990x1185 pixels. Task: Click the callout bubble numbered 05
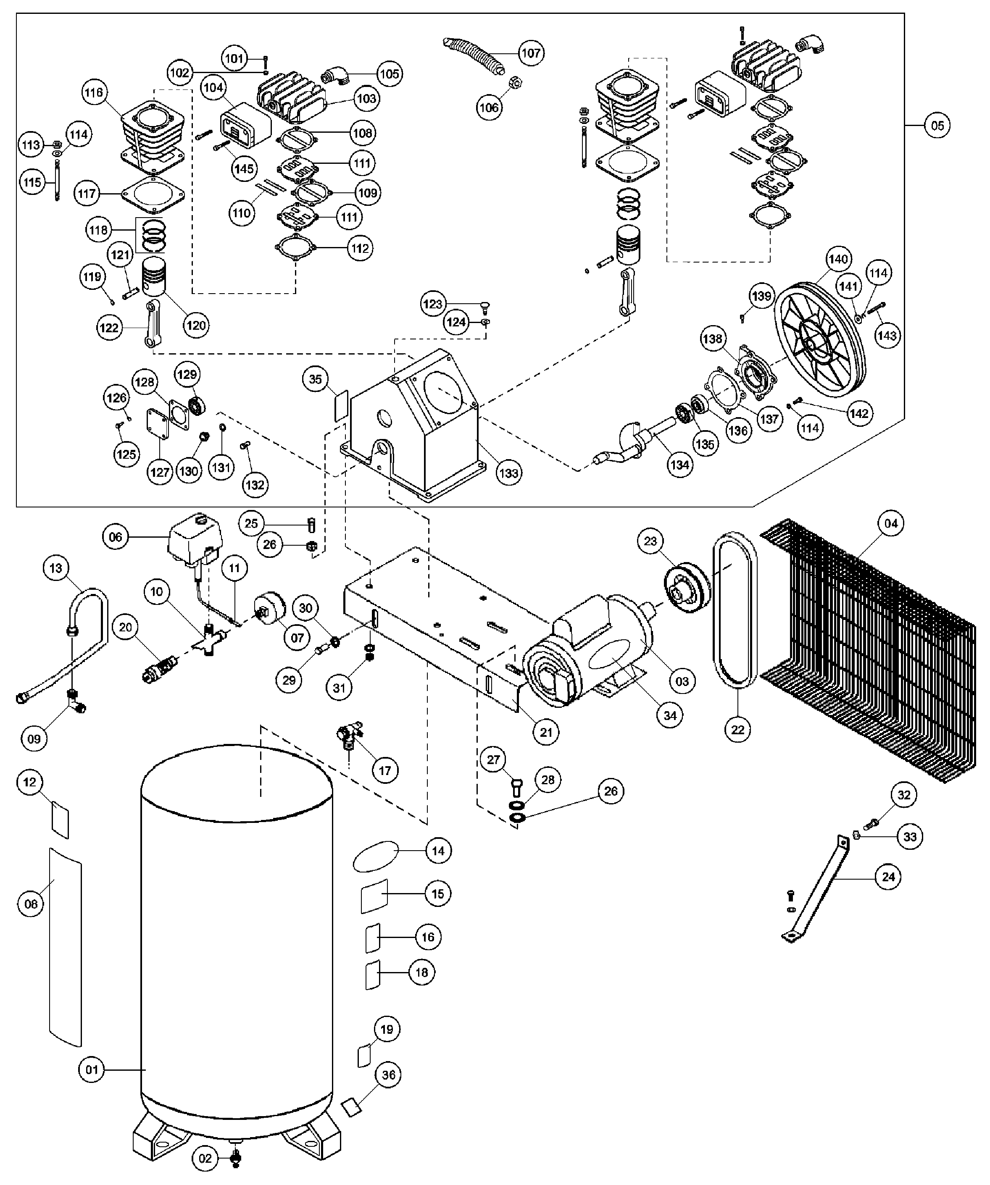click(x=937, y=125)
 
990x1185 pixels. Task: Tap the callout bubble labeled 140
click(x=838, y=259)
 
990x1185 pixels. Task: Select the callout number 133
click(x=508, y=473)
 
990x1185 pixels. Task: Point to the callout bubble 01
click(x=92, y=1070)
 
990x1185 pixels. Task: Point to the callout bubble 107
click(x=531, y=53)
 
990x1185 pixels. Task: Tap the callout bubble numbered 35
click(x=316, y=379)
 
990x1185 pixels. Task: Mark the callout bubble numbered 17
click(x=385, y=770)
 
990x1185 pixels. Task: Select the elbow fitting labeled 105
click(x=337, y=75)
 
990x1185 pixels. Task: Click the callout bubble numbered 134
click(x=679, y=465)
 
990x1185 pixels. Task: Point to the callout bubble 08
click(x=31, y=904)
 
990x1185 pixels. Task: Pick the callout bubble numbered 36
click(x=389, y=1075)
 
